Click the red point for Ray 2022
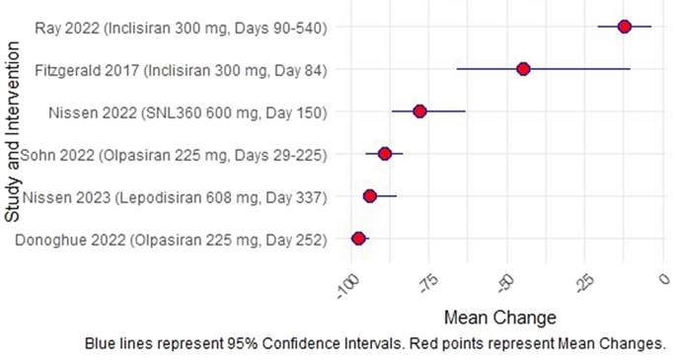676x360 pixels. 624,26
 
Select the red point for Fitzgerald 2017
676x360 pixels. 523,68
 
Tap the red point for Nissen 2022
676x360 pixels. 419,111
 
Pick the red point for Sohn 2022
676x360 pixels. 385,153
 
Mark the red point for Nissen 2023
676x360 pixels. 370,196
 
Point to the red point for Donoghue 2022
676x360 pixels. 358,239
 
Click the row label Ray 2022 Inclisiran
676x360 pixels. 181,27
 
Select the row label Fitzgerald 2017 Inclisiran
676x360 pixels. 181,69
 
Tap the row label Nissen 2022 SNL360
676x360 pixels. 188,111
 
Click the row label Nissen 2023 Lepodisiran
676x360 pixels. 174,197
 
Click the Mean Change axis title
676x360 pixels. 500,318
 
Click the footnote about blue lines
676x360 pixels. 375,344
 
